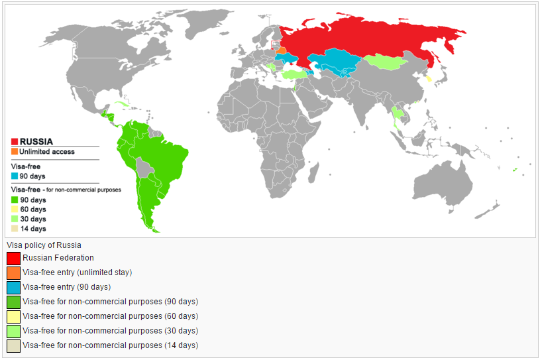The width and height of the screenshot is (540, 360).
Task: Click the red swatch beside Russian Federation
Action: (13, 258)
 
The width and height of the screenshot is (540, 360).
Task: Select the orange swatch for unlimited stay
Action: (13, 272)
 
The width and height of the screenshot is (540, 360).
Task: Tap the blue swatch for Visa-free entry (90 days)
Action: (13, 287)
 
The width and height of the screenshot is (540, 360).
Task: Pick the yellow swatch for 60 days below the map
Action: (13, 316)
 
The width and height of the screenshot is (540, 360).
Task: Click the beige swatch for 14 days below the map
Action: (13, 345)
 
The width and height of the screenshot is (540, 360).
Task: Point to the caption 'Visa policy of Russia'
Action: (44, 245)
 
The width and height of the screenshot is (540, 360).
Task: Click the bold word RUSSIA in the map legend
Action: (36, 141)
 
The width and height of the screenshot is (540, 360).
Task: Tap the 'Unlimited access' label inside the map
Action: (47, 152)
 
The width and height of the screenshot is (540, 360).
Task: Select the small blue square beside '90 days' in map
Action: (15, 176)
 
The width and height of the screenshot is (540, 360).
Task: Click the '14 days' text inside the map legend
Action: (33, 229)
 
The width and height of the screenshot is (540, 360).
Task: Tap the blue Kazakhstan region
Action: (335, 61)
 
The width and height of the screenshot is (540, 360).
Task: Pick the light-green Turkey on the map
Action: (295, 75)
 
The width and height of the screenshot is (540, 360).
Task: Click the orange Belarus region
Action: (282, 50)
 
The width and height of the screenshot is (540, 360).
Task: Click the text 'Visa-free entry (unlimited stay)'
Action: (77, 272)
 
